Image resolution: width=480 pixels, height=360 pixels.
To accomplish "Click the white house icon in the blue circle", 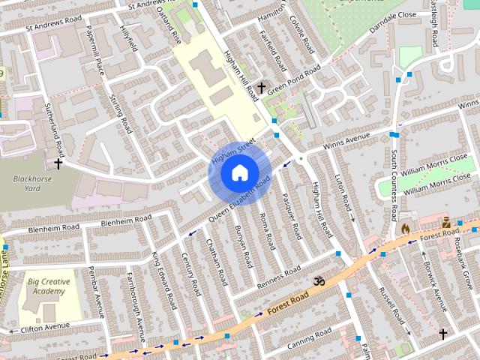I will pos(238,173).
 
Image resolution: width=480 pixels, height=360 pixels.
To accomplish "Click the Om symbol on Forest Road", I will pos(319,281).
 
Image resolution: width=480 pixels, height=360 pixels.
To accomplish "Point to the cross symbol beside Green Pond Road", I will pos(261,88).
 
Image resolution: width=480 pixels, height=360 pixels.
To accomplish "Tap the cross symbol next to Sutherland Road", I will pos(58,163).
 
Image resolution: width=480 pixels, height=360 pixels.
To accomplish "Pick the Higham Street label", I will pos(233,151).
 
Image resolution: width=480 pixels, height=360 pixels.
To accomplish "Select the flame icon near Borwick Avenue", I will pos(406,228).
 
